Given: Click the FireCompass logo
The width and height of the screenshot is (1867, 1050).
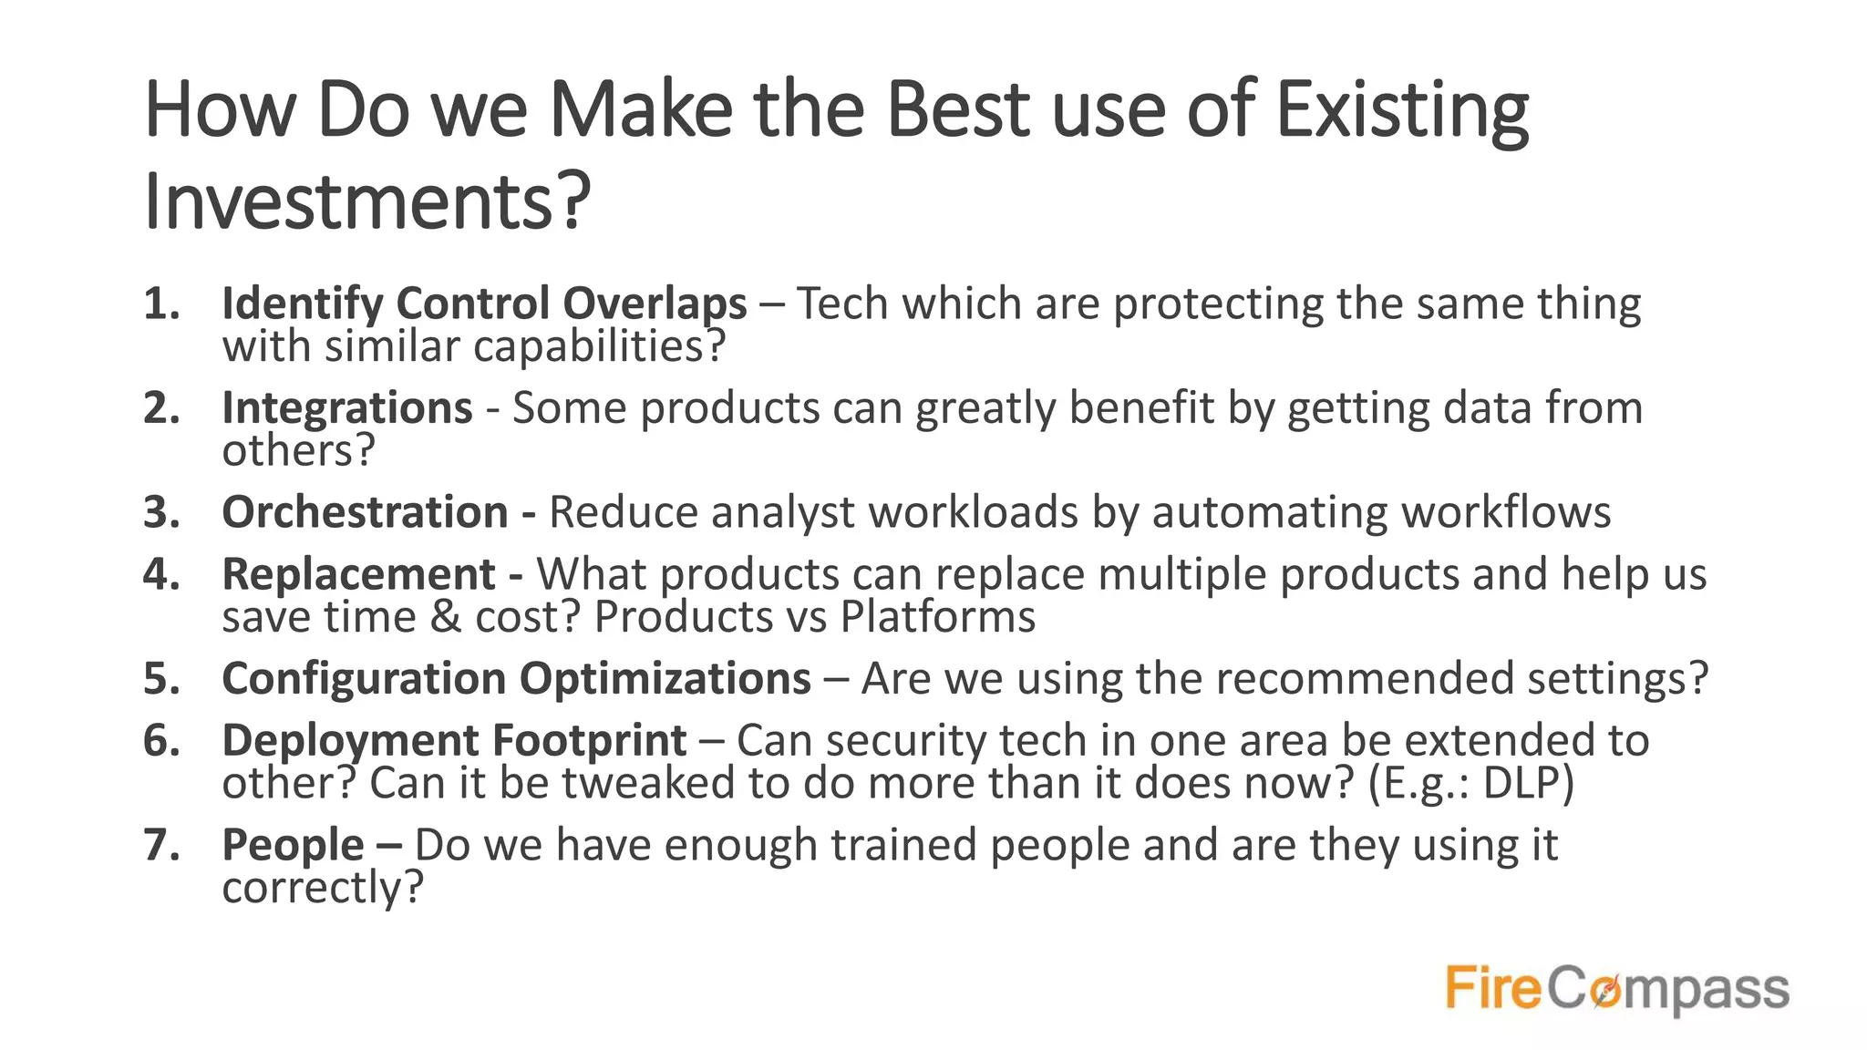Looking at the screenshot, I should (1616, 989).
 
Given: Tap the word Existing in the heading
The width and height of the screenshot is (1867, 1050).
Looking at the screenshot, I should (1401, 111).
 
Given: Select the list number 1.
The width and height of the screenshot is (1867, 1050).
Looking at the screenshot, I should (160, 304).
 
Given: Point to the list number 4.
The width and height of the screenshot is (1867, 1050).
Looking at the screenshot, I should (160, 574).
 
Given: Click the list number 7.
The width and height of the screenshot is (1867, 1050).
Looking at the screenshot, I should (160, 845).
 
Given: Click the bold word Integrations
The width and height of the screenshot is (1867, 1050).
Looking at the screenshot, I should (347, 407).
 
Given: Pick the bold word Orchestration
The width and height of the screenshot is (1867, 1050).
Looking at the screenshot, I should (365, 512).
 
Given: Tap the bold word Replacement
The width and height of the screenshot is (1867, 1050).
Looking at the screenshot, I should (358, 574).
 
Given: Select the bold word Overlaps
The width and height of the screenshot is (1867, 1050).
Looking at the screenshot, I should (655, 304).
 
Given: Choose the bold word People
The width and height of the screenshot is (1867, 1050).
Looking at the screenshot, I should (293, 845).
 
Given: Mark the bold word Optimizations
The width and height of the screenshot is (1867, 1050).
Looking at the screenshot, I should (665, 679).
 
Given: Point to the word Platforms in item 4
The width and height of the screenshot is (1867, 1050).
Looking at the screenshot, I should (937, 617).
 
